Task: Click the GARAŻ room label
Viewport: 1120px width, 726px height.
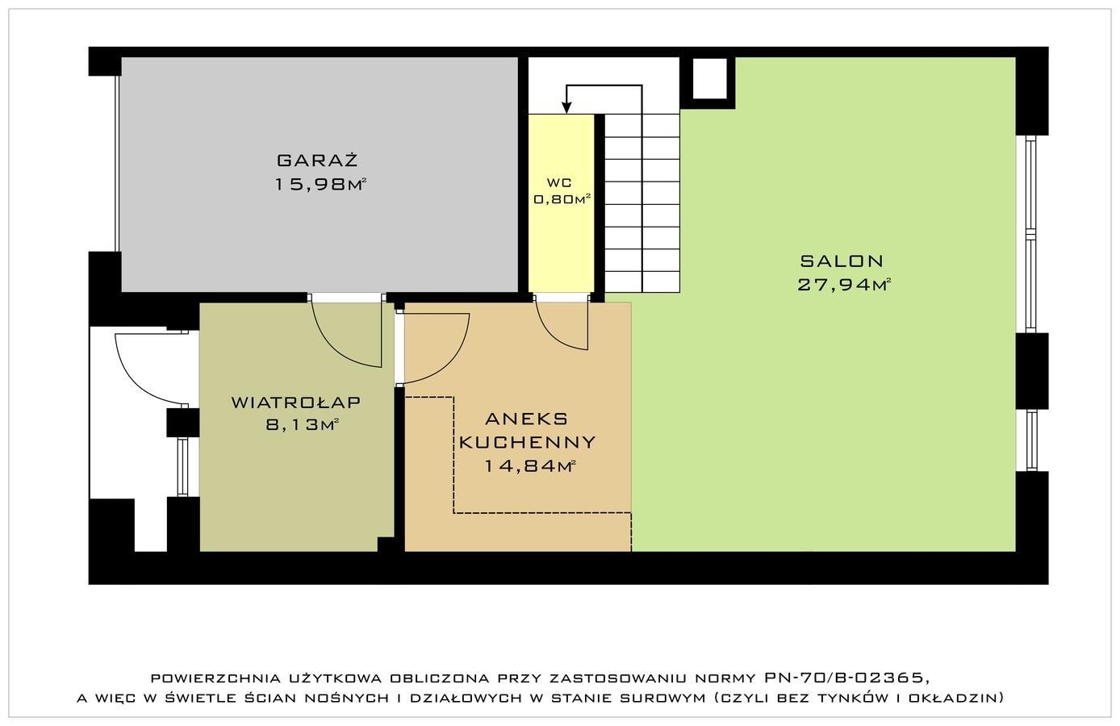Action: [x=317, y=161]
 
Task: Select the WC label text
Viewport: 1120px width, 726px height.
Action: [x=559, y=182]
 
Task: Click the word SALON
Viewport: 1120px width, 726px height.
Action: [x=842, y=261]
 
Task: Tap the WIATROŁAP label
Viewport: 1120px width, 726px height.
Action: [x=296, y=402]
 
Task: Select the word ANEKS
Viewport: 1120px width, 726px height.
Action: [x=526, y=419]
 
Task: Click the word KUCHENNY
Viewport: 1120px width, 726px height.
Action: [x=527, y=442]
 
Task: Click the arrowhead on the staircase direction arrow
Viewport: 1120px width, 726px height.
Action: [x=566, y=107]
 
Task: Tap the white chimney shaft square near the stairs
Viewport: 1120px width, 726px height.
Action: [x=709, y=78]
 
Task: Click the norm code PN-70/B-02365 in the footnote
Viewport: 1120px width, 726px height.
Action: [x=846, y=678]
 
